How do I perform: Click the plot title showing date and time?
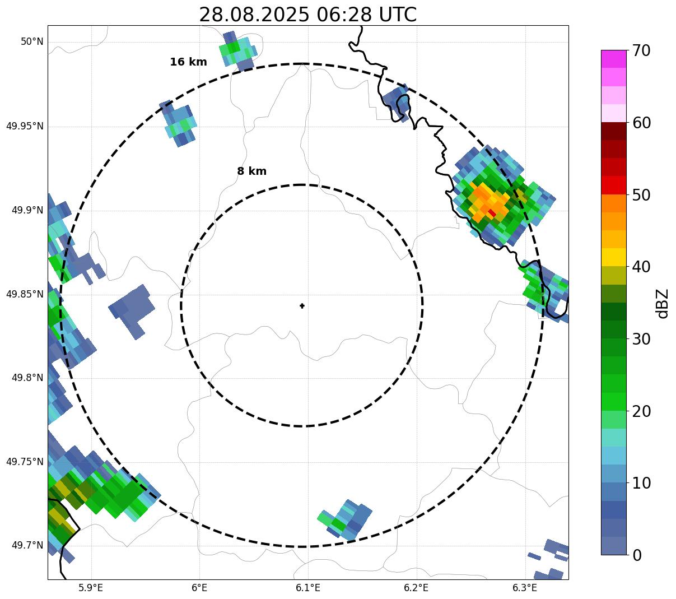pyautogui.click(x=307, y=15)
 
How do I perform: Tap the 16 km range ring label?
pyautogui.click(x=188, y=62)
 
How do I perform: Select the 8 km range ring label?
pyautogui.click(x=251, y=171)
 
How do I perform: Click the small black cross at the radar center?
pyautogui.click(x=302, y=305)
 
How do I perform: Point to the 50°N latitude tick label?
pyautogui.click(x=32, y=42)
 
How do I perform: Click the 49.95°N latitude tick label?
pyautogui.click(x=25, y=126)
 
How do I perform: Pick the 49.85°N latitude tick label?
pyautogui.click(x=25, y=294)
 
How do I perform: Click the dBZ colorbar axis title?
pyautogui.click(x=663, y=303)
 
